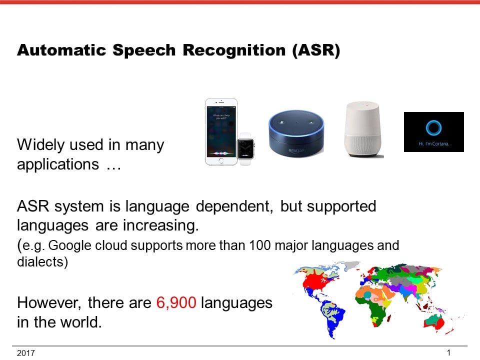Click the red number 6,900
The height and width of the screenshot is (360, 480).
pos(176,303)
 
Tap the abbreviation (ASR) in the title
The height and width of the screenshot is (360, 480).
pos(316,50)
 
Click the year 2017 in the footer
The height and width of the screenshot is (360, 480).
pos(25,353)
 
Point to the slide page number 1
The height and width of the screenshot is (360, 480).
pos(448,352)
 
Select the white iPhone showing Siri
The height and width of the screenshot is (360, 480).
pos(221,131)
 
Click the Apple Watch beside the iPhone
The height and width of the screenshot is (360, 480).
pos(245,149)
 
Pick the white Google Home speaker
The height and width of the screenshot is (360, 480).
pos(363,129)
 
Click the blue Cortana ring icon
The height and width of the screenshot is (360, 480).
pos(434,127)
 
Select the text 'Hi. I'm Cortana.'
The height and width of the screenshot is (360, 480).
pos(434,143)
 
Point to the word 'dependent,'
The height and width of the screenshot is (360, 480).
pos(234,207)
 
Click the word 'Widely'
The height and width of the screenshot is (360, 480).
pos(40,145)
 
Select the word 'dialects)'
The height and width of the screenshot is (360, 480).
pos(42,261)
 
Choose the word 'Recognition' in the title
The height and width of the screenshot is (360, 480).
pos(234,50)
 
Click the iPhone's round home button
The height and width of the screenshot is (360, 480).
pos(221,161)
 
